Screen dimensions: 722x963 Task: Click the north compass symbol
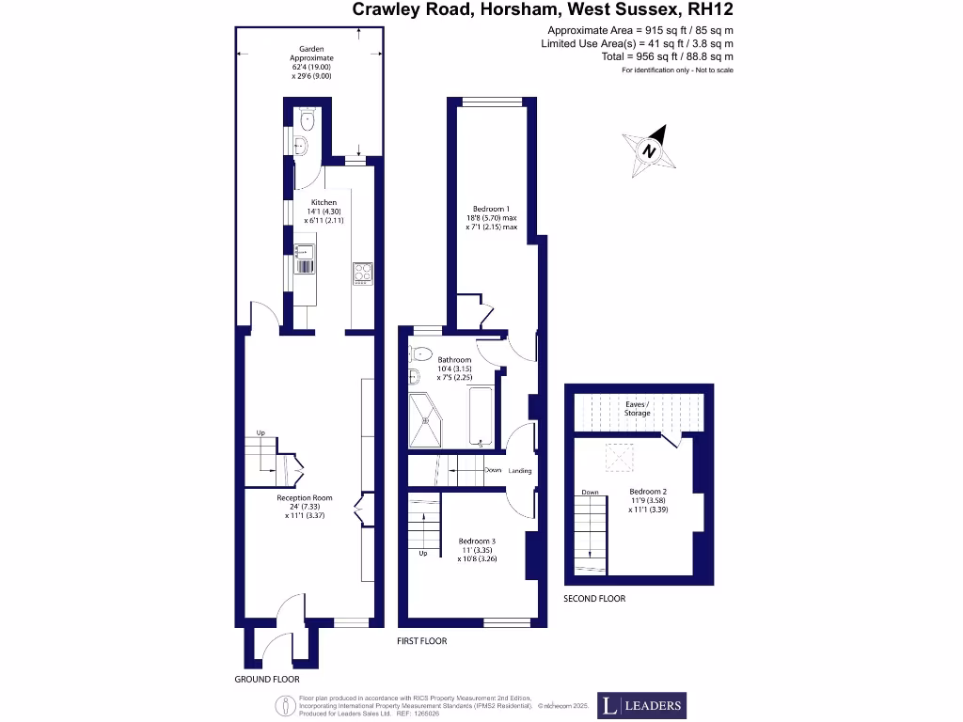click(650, 150)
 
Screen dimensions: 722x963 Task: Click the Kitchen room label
click(324, 202)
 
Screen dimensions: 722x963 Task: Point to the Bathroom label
click(454, 360)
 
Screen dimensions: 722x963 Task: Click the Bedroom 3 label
click(477, 541)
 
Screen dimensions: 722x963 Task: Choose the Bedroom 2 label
click(648, 492)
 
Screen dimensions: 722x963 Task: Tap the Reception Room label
click(305, 498)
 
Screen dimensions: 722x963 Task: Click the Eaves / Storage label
click(638, 408)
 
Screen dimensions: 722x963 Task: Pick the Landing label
click(520, 471)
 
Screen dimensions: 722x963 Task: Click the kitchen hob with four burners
click(363, 273)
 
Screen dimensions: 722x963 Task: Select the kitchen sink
click(305, 252)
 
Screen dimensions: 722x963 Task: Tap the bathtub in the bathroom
click(480, 416)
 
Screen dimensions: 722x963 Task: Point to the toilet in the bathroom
click(420, 353)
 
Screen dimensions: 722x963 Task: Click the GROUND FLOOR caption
click(267, 679)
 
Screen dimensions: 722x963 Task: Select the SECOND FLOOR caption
click(594, 599)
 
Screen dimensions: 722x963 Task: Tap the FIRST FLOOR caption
click(422, 641)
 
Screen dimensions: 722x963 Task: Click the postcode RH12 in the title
click(711, 10)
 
